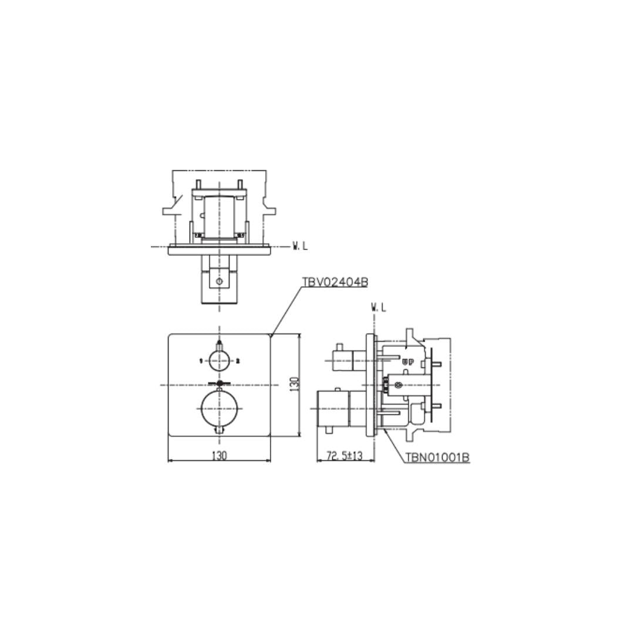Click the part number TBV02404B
[335, 282]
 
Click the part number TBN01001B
[437, 457]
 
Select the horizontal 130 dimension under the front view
[219, 456]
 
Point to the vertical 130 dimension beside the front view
[295, 384]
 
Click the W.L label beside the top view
[300, 246]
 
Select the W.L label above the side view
[379, 308]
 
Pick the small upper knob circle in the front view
[219, 360]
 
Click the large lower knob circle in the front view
[219, 409]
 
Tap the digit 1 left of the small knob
[201, 360]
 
